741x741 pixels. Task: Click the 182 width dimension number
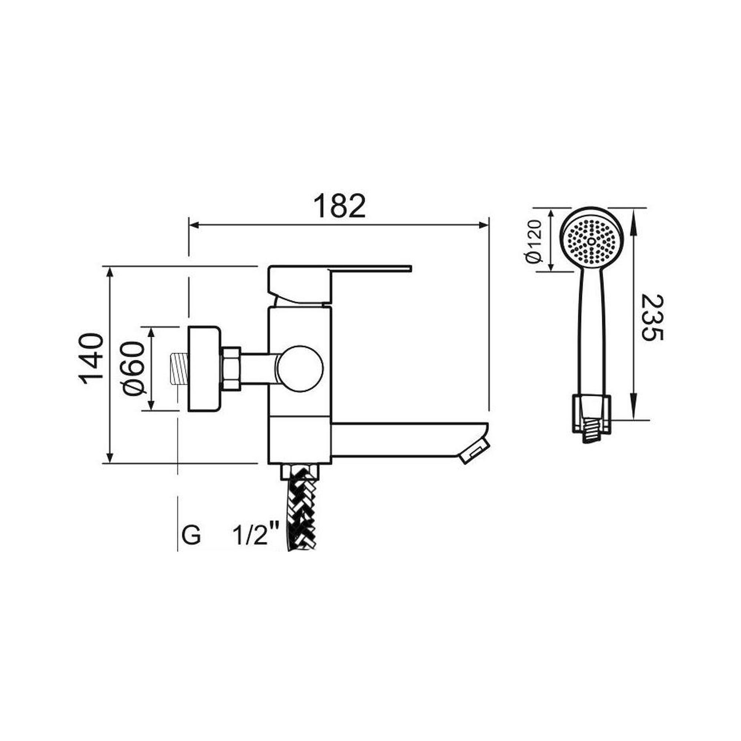click(339, 206)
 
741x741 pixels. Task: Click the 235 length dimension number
click(652, 318)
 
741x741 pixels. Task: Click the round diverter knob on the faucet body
click(300, 369)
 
